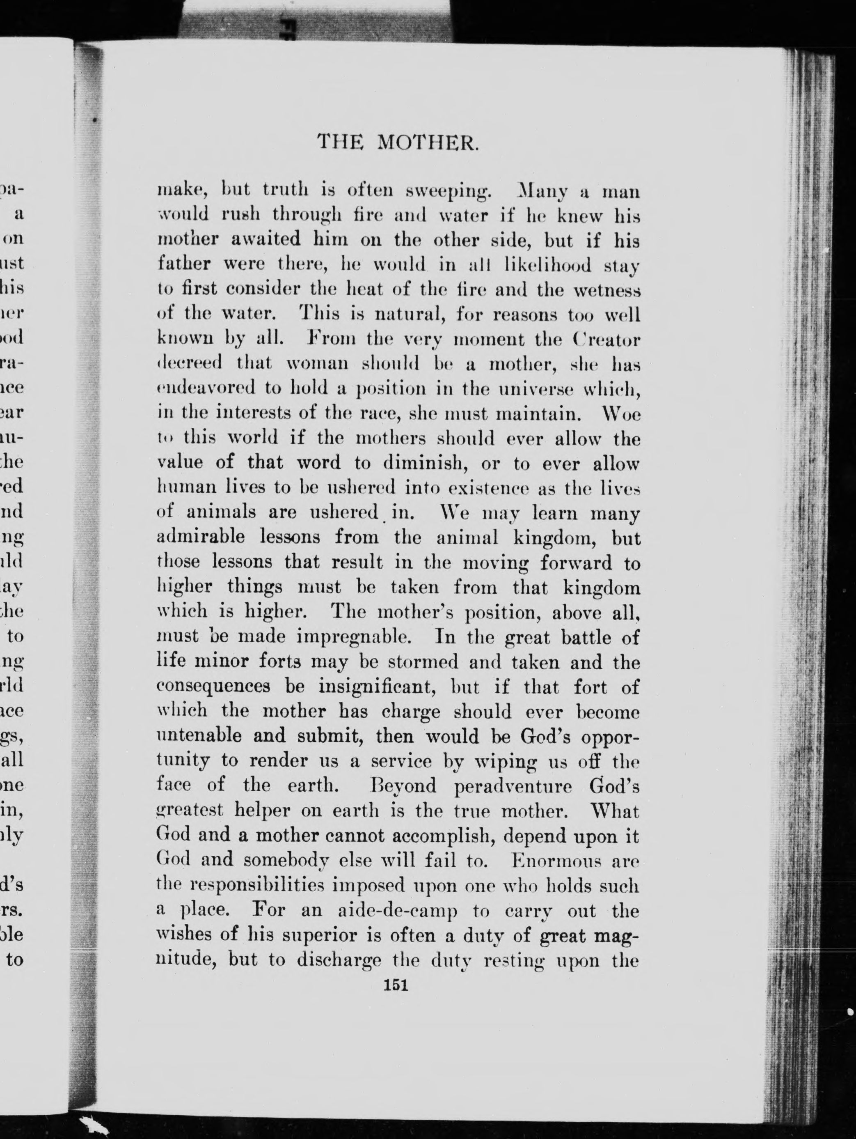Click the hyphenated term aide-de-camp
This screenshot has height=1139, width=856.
tap(391, 911)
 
